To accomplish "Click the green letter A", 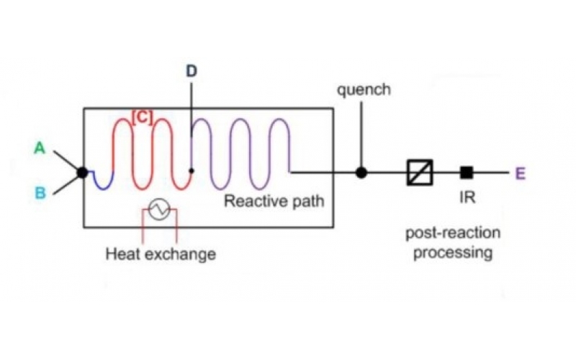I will (40, 149).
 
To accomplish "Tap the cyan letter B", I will (40, 193).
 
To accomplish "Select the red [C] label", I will (141, 118).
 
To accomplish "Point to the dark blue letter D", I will (191, 71).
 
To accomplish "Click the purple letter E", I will (521, 173).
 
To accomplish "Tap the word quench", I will (363, 90).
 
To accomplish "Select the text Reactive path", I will (274, 201).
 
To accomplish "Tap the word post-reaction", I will (452, 233).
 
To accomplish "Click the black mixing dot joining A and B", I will (82, 172).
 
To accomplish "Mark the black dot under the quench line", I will (361, 172).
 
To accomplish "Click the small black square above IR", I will (467, 172).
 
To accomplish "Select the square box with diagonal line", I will (419, 172).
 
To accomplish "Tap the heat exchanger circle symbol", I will (158, 210).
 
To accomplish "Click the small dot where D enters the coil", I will (190, 171).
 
